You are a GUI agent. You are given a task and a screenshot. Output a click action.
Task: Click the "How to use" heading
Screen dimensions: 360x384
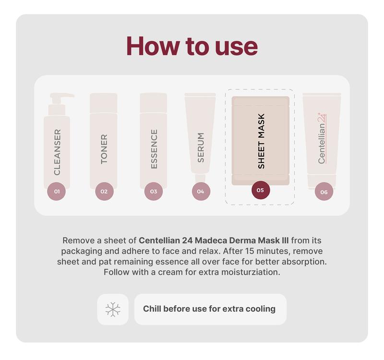(192, 46)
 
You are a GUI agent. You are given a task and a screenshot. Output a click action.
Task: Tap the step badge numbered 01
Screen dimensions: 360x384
(57, 192)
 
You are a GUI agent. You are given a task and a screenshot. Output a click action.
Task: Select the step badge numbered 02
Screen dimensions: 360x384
(104, 192)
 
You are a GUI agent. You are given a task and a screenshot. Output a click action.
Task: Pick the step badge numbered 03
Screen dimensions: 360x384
(153, 192)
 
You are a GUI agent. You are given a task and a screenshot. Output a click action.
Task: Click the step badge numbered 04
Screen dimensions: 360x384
(201, 192)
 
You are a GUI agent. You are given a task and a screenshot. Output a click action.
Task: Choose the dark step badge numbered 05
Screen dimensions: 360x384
(261, 190)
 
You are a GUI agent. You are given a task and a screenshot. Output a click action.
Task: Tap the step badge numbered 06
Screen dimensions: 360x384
(324, 192)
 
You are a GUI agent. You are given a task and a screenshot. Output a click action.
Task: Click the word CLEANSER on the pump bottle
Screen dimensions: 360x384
(57, 152)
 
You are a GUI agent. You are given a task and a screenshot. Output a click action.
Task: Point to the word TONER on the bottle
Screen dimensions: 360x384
(104, 149)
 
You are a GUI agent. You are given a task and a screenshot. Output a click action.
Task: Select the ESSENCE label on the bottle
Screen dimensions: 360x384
(154, 149)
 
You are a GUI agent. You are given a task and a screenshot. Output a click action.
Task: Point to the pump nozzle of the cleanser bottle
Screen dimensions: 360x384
(62, 96)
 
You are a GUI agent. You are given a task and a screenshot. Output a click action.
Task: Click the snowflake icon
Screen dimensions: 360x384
(113, 309)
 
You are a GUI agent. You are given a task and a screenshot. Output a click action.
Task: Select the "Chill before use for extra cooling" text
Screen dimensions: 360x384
(209, 309)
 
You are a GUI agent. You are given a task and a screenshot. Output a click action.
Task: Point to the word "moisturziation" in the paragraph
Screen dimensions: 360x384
(252, 272)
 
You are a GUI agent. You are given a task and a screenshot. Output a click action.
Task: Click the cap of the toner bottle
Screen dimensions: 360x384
(104, 98)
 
